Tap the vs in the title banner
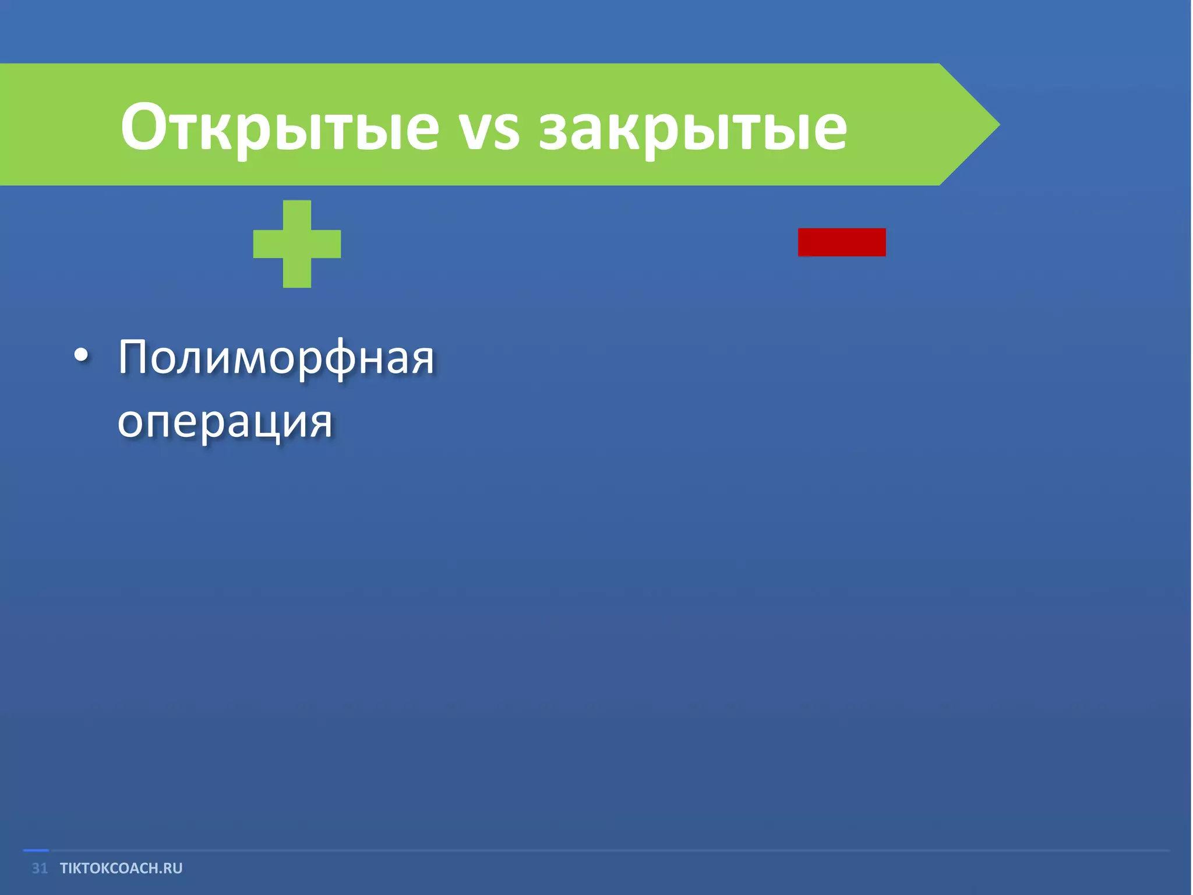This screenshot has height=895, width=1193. pyautogui.click(x=489, y=131)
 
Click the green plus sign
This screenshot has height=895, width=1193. pyautogui.click(x=297, y=244)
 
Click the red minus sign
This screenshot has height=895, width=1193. pyautogui.click(x=841, y=242)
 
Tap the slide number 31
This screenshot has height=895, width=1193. pyautogui.click(x=40, y=868)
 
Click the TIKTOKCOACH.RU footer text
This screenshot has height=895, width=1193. pyautogui.click(x=121, y=868)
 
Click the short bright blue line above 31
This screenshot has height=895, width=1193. pyautogui.click(x=36, y=851)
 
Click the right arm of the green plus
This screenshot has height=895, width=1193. pyautogui.click(x=326, y=244)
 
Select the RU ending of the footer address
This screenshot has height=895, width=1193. pyautogui.click(x=172, y=868)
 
